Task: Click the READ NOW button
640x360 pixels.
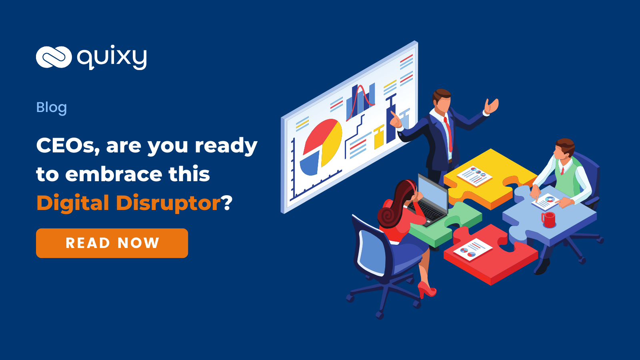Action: [112, 243]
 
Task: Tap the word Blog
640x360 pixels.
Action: [52, 108]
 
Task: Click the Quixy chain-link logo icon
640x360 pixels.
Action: [54, 57]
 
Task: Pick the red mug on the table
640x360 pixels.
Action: [548, 220]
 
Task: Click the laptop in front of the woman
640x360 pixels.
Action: [428, 202]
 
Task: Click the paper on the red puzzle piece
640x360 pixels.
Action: [473, 250]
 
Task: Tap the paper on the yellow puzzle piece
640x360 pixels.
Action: [474, 176]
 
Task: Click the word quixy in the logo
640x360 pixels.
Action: [112, 57]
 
